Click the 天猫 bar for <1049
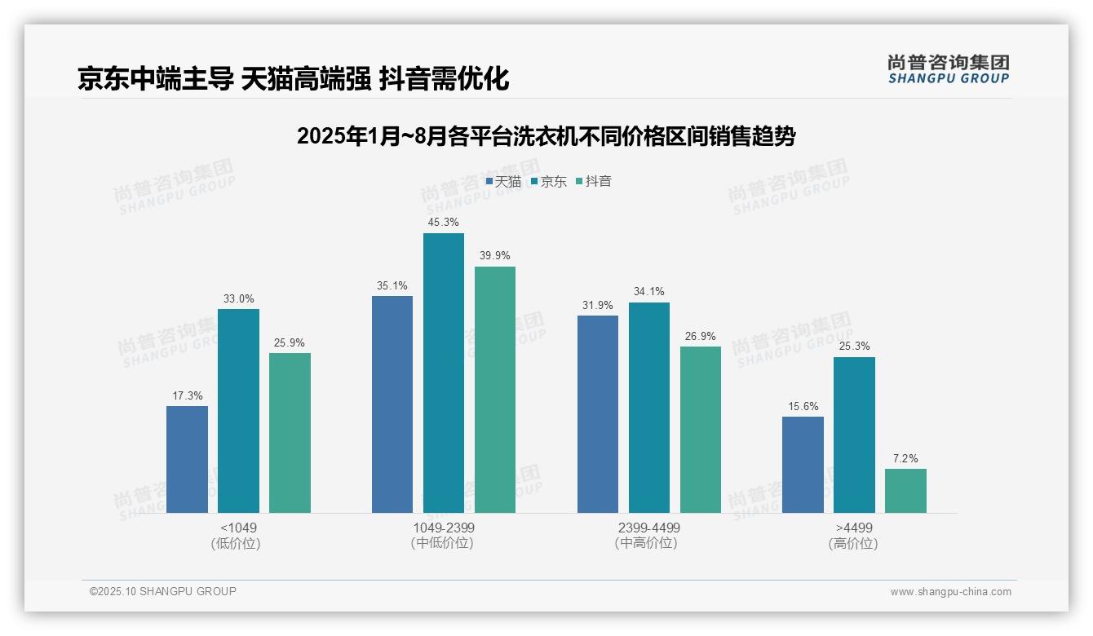coord(187,459)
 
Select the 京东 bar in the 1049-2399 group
coord(443,373)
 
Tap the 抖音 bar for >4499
coord(905,490)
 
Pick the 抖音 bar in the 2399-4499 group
coord(700,429)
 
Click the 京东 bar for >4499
coord(854,435)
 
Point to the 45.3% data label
coord(443,222)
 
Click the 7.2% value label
coord(905,458)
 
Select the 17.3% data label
coord(187,395)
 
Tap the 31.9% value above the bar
coord(597,305)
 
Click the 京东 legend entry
coord(549,182)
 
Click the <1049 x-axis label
coord(238,528)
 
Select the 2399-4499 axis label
coord(648,528)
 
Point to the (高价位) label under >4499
coord(853,544)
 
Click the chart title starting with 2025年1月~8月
coord(546,136)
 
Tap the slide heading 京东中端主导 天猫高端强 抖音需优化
coord(293,78)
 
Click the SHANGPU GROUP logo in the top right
coord(948,69)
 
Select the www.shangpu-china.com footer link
coord(950,592)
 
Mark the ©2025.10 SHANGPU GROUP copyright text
coord(163,591)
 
